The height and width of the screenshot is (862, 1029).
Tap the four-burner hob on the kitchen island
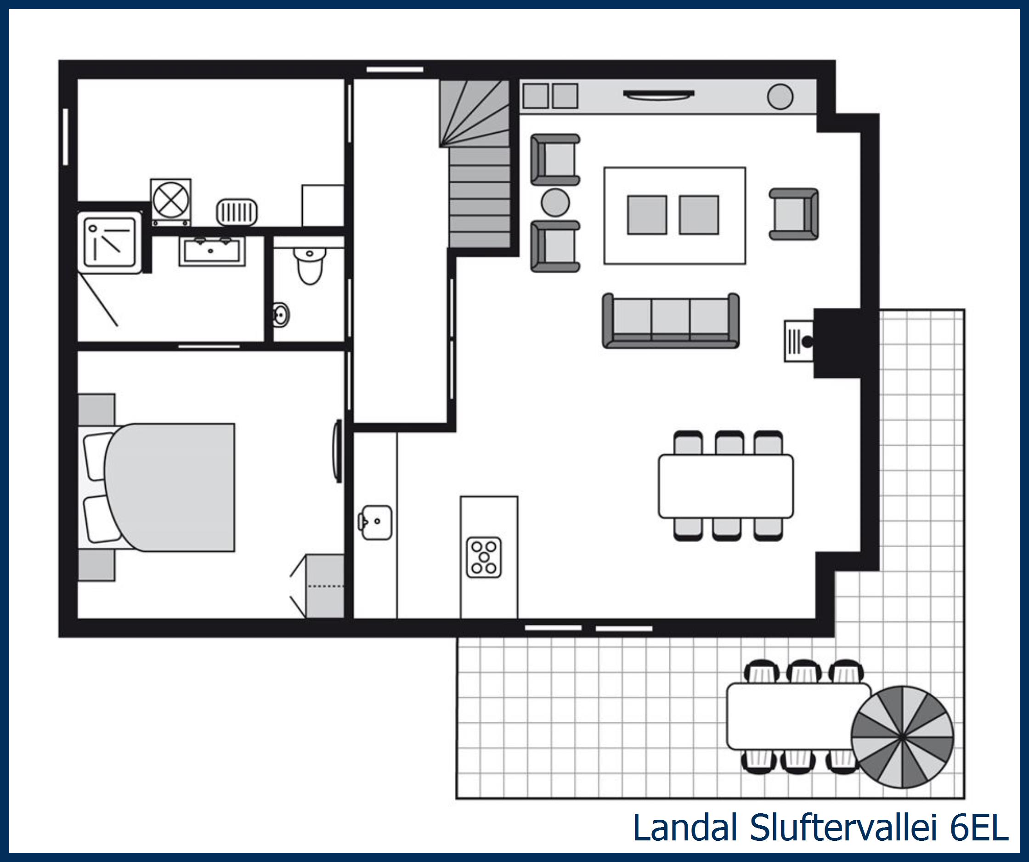click(x=484, y=557)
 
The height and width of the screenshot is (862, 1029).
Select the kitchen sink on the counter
click(x=376, y=522)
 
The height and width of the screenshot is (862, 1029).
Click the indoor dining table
click(x=725, y=486)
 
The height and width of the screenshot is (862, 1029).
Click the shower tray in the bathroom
click(x=110, y=243)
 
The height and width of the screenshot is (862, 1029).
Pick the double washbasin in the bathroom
click(x=212, y=251)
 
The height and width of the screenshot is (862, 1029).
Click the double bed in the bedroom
click(x=169, y=487)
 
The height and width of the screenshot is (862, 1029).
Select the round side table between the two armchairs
click(x=555, y=202)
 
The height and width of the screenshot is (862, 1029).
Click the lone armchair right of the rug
click(x=793, y=214)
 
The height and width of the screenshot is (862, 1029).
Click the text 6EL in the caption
click(x=979, y=828)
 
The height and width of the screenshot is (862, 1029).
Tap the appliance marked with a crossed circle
click(x=170, y=200)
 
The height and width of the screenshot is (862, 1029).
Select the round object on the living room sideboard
click(x=780, y=96)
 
